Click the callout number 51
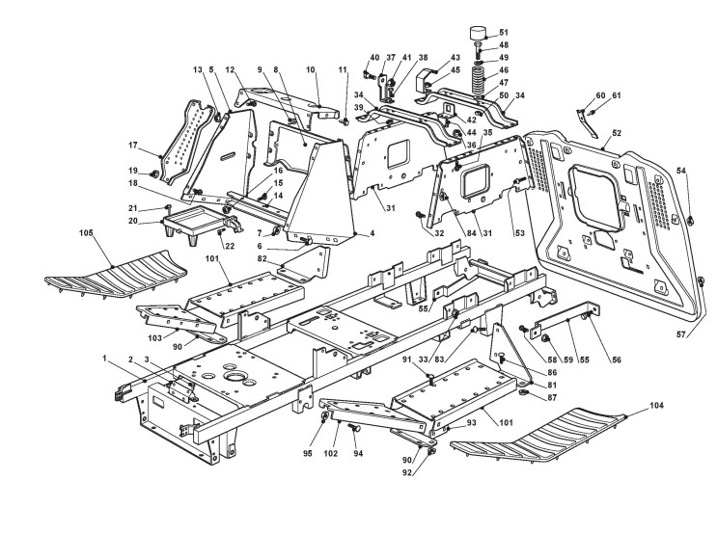[503, 32]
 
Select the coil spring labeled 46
[478, 76]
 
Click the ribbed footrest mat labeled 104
[540, 439]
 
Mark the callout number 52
[616, 132]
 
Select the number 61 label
[616, 94]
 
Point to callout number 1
[103, 359]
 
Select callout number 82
[262, 259]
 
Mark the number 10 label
[311, 70]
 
